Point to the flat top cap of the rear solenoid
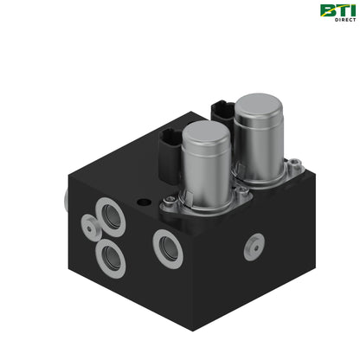coord(258,103)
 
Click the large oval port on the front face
coord(168,248)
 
